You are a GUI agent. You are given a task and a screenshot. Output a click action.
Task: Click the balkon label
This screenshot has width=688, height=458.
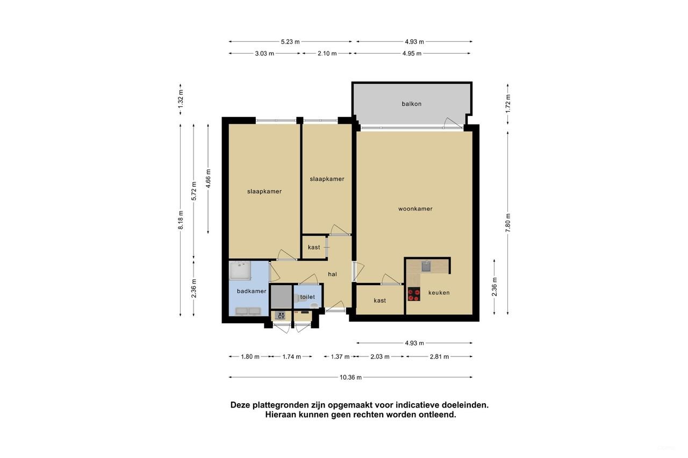click(x=411, y=104)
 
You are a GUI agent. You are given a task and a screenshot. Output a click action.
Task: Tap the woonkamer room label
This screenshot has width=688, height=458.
click(x=415, y=209)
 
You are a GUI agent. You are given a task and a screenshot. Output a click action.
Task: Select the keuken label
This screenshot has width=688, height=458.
click(x=439, y=293)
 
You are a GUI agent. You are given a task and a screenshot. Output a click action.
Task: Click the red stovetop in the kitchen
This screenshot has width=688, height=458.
click(x=413, y=294)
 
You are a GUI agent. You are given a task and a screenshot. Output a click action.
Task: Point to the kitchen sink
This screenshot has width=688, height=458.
click(x=426, y=266)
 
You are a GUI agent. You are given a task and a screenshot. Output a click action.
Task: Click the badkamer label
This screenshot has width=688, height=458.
click(x=252, y=291)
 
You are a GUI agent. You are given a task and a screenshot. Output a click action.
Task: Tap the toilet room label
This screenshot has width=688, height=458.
click(x=307, y=296)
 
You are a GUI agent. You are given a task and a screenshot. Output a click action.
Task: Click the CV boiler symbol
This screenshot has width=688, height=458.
click(x=281, y=316)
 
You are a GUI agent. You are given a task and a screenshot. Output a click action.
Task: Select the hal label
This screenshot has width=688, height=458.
click(x=332, y=274)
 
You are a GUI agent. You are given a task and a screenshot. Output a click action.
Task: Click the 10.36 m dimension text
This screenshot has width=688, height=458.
click(x=350, y=377)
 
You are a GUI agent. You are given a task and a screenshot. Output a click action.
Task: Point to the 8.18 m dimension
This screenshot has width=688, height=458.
click(x=181, y=220)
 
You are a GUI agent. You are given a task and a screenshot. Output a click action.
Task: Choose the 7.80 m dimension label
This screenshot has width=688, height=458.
click(x=508, y=222)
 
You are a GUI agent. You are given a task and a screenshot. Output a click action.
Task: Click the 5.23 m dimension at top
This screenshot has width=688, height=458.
click(x=290, y=41)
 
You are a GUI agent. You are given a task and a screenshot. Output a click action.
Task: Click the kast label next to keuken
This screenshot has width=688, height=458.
click(x=379, y=301)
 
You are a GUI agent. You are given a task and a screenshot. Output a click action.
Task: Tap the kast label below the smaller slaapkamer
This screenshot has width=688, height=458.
click(x=314, y=248)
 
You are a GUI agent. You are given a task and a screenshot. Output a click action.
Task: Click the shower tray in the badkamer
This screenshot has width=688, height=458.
click(x=240, y=272)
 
